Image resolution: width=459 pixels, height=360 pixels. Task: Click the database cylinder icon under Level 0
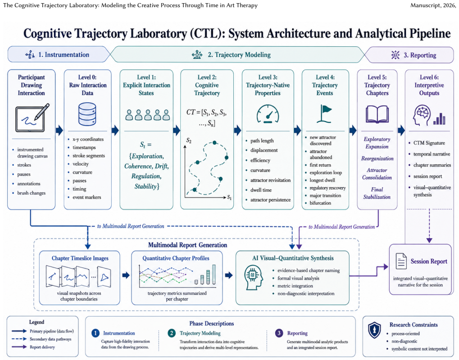click(x=87, y=114)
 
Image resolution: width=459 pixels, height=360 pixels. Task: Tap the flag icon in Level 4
click(x=324, y=114)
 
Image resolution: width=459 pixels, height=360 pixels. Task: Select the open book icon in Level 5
click(x=377, y=114)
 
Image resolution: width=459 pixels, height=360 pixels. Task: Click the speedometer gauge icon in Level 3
click(x=268, y=114)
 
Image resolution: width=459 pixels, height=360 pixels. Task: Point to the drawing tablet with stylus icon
click(x=32, y=117)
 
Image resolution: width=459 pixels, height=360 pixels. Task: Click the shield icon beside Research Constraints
click(x=374, y=330)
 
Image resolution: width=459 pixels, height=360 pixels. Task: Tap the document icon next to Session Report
click(x=401, y=261)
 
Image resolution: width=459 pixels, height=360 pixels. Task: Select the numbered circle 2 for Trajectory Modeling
click(x=172, y=333)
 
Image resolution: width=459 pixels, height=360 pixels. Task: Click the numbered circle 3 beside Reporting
click(x=279, y=333)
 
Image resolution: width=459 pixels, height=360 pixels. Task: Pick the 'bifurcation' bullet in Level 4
click(x=320, y=203)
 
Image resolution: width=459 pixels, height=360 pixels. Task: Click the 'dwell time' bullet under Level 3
click(x=261, y=190)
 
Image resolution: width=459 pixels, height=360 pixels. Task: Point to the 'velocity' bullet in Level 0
click(x=81, y=164)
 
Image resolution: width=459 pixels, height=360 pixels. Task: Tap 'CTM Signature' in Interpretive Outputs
click(x=429, y=143)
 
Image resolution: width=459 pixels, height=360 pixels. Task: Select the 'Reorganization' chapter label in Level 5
click(x=377, y=158)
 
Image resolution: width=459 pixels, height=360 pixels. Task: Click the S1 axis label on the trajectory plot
click(x=229, y=198)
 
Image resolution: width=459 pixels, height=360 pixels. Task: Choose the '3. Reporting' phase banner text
click(x=420, y=55)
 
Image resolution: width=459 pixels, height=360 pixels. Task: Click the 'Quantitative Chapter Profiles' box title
click(x=176, y=258)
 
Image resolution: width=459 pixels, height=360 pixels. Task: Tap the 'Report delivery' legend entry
click(x=42, y=347)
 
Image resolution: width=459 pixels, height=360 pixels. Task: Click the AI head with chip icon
click(x=252, y=277)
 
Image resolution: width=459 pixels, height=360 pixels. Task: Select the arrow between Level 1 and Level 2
click(x=176, y=130)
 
